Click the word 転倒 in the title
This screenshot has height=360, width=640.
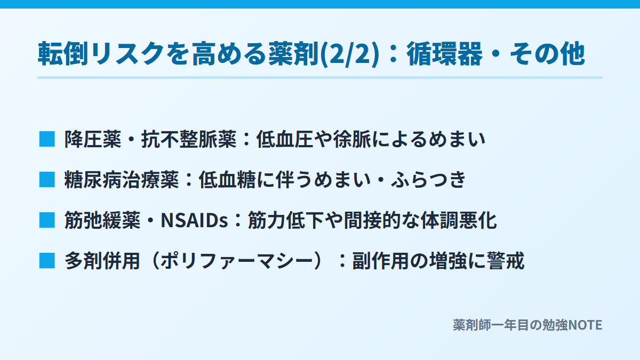63,54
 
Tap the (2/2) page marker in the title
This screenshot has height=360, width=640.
350,54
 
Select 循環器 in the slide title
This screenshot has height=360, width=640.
445,54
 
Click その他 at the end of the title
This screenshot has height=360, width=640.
547,54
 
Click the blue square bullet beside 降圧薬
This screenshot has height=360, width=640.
47,139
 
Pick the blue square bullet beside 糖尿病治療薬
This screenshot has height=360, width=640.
47,180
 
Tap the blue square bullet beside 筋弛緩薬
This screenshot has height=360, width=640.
47,220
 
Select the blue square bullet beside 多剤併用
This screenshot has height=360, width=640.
47,261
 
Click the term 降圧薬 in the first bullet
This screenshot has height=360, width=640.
93,139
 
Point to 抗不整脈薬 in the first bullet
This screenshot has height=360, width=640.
189,139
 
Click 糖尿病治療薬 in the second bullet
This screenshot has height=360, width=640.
122,180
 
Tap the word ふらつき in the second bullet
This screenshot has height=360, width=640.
428,180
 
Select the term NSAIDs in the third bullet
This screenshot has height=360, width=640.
195,220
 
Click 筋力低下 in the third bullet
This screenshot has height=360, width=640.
286,220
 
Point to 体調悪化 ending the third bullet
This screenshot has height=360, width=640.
459,220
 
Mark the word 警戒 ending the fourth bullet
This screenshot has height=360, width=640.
506,261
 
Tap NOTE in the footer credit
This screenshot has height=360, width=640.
585,325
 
